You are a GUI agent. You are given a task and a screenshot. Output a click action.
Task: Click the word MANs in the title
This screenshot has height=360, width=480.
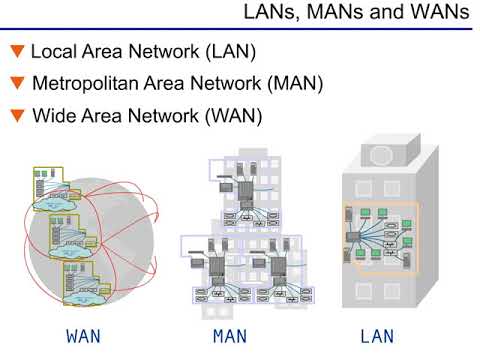[338, 13]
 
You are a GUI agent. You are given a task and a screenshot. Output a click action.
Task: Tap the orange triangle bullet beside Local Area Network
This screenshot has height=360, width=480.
[16, 51]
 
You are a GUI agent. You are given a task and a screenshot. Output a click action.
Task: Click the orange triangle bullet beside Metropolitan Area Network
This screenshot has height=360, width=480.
[16, 83]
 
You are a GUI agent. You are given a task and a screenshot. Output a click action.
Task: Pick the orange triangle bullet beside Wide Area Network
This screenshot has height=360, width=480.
[16, 116]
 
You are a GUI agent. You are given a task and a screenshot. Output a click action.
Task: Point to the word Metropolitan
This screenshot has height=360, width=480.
[94, 84]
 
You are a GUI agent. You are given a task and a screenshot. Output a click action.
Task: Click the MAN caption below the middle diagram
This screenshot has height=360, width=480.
[231, 336]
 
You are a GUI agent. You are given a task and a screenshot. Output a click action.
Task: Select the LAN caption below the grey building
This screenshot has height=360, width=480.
[377, 336]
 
